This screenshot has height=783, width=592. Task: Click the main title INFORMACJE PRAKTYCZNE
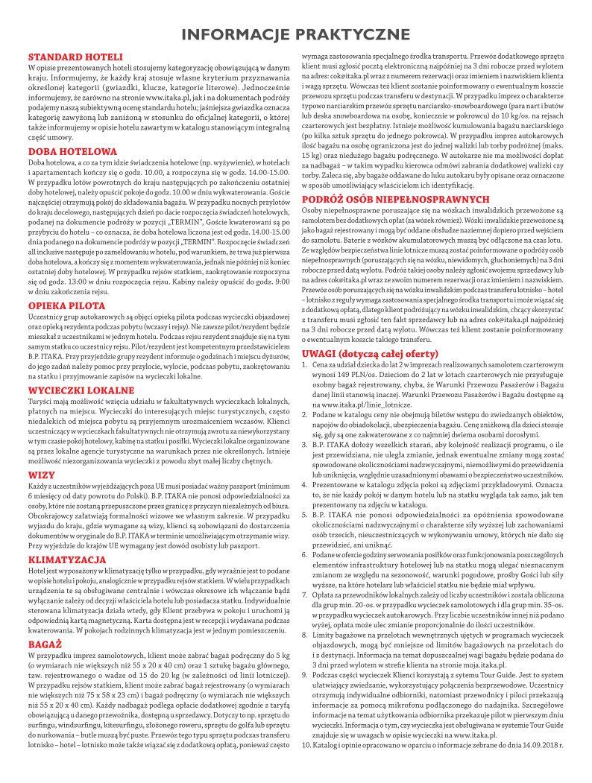click(x=296, y=34)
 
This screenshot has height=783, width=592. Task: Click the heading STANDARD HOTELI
click(x=70, y=57)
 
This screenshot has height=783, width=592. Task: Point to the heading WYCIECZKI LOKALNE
click(x=81, y=390)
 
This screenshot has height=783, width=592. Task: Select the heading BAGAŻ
click(x=44, y=642)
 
